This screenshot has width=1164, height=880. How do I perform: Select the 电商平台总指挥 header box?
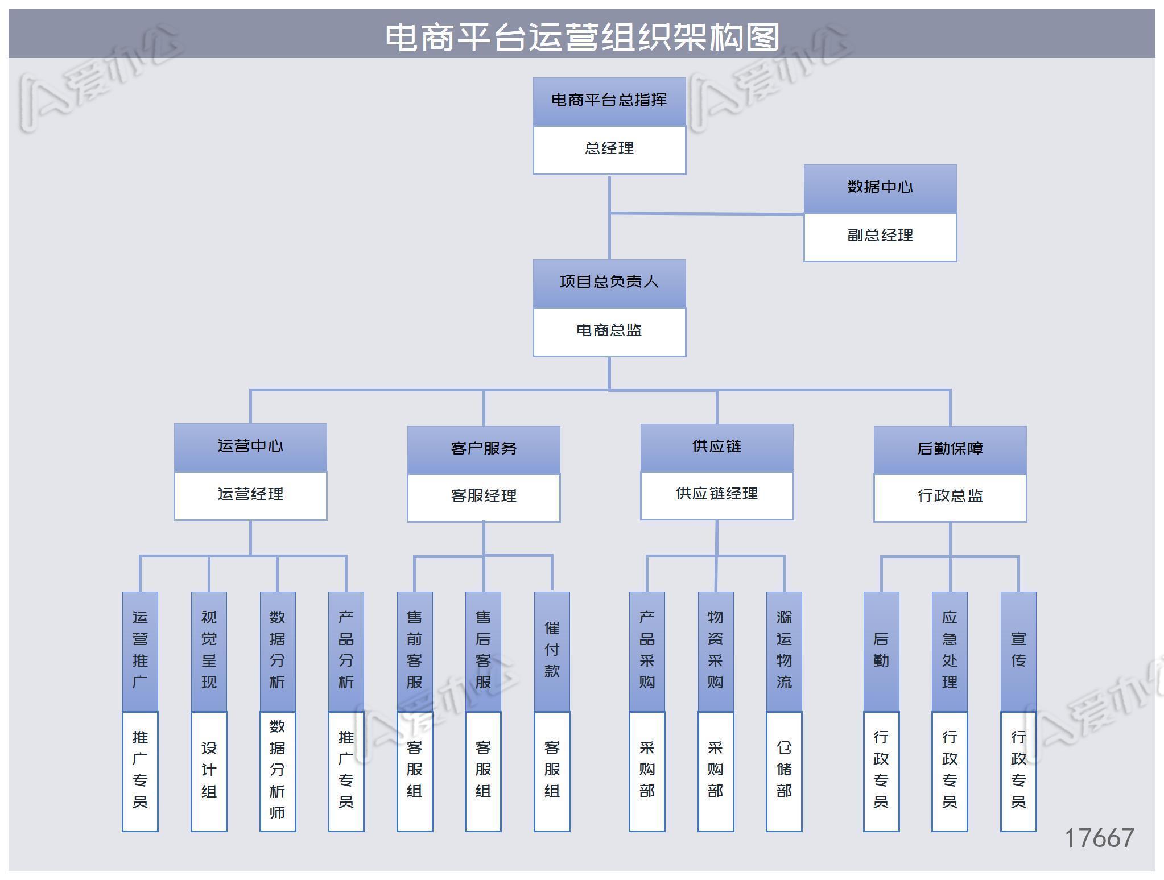(x=609, y=101)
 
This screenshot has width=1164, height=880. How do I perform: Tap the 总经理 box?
(x=609, y=149)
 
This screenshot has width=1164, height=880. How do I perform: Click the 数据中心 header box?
(x=880, y=188)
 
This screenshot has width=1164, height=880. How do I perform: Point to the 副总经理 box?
(x=880, y=236)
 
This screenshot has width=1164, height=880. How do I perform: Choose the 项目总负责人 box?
(x=609, y=283)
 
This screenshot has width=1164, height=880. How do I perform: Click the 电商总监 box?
(x=609, y=331)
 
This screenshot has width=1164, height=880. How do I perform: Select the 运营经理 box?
(x=250, y=495)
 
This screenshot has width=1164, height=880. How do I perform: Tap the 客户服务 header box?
(x=484, y=449)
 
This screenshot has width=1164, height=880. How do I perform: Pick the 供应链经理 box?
(x=716, y=494)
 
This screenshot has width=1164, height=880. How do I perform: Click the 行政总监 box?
(x=950, y=497)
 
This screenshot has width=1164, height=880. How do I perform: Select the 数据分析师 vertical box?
(x=278, y=770)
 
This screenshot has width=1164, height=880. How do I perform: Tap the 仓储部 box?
(x=784, y=770)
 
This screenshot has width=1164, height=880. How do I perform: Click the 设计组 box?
(x=209, y=770)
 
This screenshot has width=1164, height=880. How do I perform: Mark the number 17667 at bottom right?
(x=1099, y=838)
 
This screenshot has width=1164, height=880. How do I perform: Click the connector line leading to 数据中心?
(x=705, y=214)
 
